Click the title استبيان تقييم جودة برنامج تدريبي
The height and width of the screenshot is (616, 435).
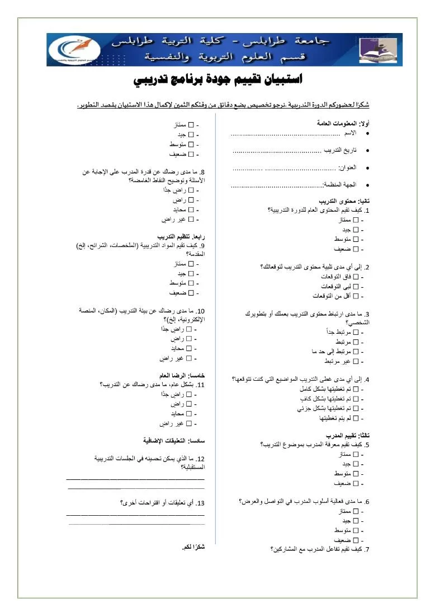[218, 80]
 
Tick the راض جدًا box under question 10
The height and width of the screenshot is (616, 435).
[188, 329]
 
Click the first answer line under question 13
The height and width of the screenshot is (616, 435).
[135, 514]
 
